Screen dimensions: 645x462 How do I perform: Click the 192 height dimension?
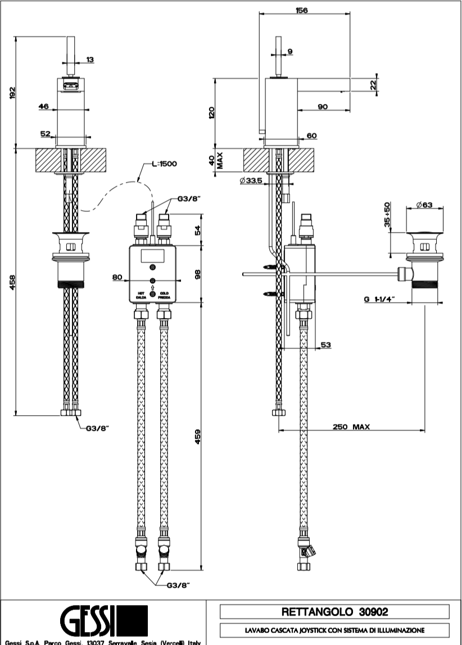(x=13, y=93)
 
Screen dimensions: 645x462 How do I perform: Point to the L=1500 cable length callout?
(x=164, y=164)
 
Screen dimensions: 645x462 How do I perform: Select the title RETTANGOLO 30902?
(x=334, y=611)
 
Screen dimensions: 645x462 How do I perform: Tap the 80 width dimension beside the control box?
(x=117, y=276)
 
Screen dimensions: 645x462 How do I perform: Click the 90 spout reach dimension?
(x=323, y=108)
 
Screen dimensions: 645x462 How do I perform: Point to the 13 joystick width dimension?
(x=90, y=60)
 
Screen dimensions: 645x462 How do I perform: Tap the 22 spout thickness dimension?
(x=373, y=84)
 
